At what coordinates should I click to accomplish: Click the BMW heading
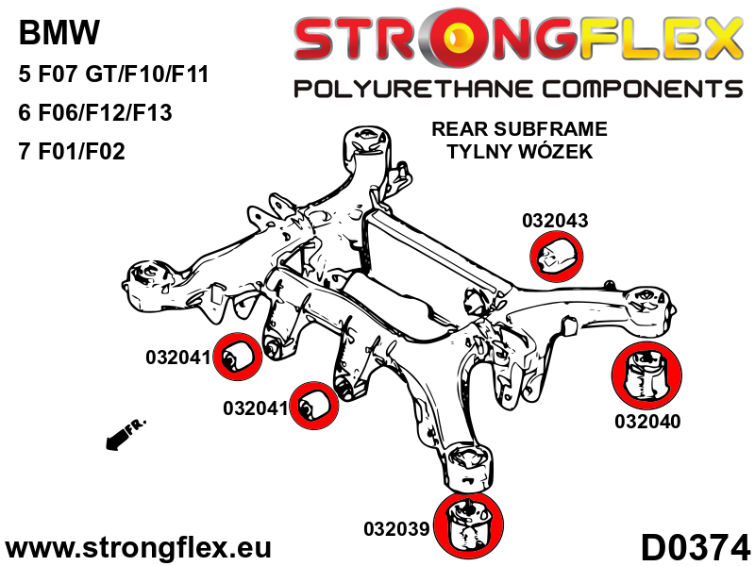pyautogui.click(x=59, y=34)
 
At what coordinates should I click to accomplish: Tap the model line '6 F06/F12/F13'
pyautogui.click(x=94, y=112)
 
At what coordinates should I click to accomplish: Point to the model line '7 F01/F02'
pyautogui.click(x=71, y=151)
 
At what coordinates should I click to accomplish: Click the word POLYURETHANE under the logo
pyautogui.click(x=434, y=90)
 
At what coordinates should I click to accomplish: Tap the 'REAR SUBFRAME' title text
pyautogui.click(x=518, y=129)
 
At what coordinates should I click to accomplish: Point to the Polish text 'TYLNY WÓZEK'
pyautogui.click(x=518, y=151)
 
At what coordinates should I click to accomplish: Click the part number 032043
pyautogui.click(x=554, y=221)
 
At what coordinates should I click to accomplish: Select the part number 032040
pyautogui.click(x=646, y=422)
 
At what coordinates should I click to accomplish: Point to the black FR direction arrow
pyautogui.click(x=118, y=435)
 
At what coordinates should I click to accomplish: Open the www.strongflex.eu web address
pyautogui.click(x=138, y=548)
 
